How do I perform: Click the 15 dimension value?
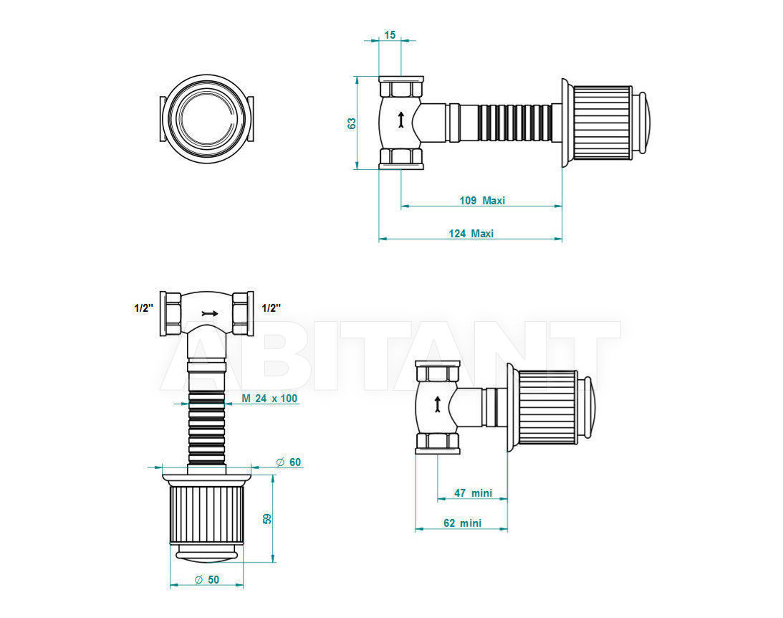(x=390, y=34)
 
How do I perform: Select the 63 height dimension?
(x=352, y=123)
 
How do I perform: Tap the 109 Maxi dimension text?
(x=482, y=200)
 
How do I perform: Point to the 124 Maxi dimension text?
(x=471, y=233)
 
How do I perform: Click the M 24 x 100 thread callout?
(x=269, y=398)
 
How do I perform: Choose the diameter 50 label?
(x=207, y=579)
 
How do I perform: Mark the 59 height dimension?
(x=267, y=518)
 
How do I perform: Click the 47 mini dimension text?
(x=473, y=493)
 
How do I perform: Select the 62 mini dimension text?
(x=462, y=523)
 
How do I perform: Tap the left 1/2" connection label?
(x=143, y=308)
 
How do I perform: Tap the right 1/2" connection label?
(x=272, y=308)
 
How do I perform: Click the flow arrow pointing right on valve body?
(x=210, y=313)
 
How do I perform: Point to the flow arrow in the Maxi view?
(x=400, y=120)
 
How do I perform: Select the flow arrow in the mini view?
(x=438, y=404)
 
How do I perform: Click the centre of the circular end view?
(x=207, y=119)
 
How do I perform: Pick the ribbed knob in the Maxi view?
(x=602, y=123)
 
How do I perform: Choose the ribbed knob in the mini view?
(x=548, y=407)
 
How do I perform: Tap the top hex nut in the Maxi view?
(x=401, y=87)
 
